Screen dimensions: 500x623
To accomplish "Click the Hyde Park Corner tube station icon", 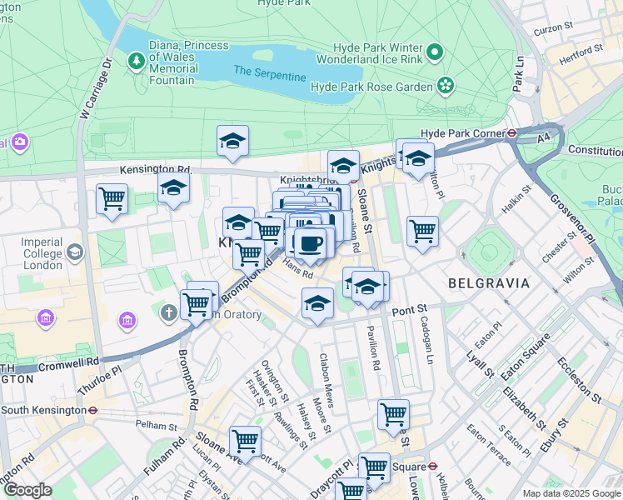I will coord(512,132).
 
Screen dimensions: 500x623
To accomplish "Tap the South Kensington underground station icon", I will coord(93,410).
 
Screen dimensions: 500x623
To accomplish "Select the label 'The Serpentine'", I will coord(269,72).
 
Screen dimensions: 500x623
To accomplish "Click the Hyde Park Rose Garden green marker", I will coord(446,85).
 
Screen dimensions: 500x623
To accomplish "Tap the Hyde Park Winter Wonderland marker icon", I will coord(434,53).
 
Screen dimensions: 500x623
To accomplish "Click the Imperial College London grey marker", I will coord(75,251).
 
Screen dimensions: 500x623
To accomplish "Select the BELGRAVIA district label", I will coord(489,283).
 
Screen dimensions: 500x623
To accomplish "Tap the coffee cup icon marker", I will coord(311,242).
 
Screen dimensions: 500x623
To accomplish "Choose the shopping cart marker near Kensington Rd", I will coord(112,199).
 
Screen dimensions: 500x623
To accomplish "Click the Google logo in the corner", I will coord(27,490).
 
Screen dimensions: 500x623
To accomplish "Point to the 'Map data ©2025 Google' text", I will coord(571,493).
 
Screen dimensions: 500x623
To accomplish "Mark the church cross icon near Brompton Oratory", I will coord(168,312).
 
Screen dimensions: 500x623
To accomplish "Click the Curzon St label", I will coord(555,29).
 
